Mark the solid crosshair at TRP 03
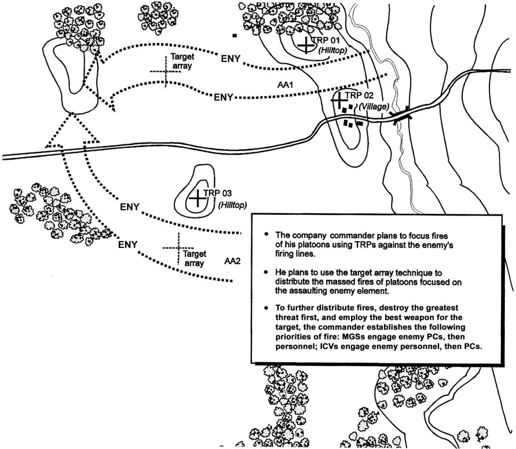pos(197,199)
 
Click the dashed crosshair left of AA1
pos(166,71)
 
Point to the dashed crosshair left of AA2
pos(177,247)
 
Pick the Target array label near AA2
pos(194,258)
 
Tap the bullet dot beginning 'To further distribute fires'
pos(266,307)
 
